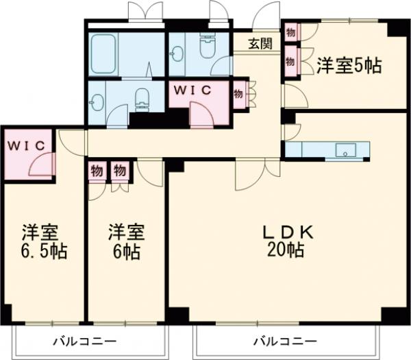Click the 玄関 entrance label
pyautogui.click(x=260, y=45)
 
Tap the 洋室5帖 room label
pyautogui.click(x=349, y=67)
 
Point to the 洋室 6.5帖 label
pyautogui.click(x=43, y=241)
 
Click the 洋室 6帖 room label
pyautogui.click(x=125, y=241)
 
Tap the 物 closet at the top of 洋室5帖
pyautogui.click(x=290, y=32)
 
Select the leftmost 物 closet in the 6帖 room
pyautogui.click(x=97, y=170)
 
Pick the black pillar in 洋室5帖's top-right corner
pyautogui.click(x=395, y=28)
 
